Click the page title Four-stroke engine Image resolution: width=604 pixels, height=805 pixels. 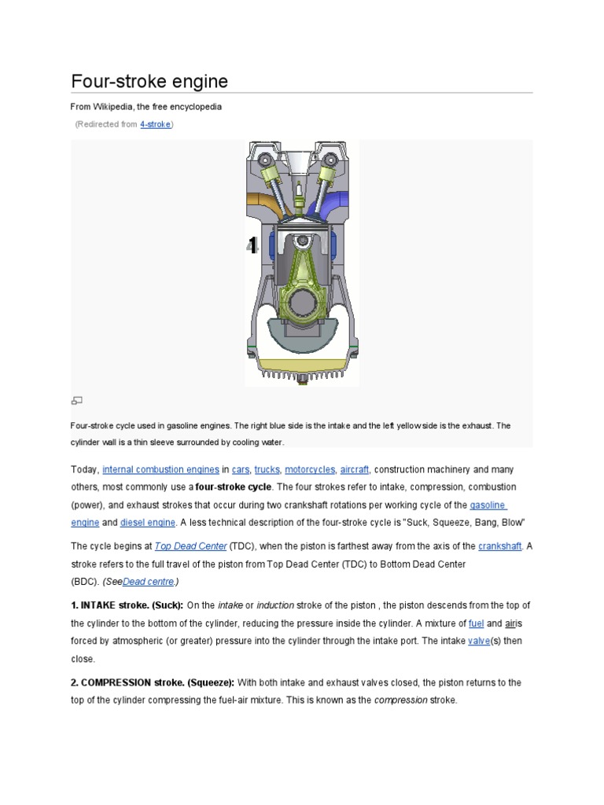click(149, 81)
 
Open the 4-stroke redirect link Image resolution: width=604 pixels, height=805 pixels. click(156, 124)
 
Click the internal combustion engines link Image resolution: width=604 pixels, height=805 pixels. click(160, 469)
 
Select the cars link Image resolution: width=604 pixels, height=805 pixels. click(241, 469)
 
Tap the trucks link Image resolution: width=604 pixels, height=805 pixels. click(267, 469)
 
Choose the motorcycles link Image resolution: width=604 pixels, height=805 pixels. click(310, 469)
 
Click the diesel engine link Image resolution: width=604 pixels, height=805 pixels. click(147, 522)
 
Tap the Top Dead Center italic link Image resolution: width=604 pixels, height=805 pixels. click(190, 546)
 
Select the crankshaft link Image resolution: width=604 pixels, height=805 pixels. click(499, 546)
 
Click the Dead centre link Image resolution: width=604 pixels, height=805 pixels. click(149, 581)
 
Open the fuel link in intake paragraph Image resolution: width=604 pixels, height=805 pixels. click(476, 623)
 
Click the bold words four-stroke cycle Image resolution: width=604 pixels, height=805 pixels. click(233, 487)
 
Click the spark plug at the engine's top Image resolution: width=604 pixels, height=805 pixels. click(300, 192)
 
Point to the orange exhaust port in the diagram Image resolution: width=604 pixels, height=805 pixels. click(267, 206)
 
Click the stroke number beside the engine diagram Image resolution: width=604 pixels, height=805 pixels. click(252, 245)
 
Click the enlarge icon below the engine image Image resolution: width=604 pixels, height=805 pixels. click(77, 400)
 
